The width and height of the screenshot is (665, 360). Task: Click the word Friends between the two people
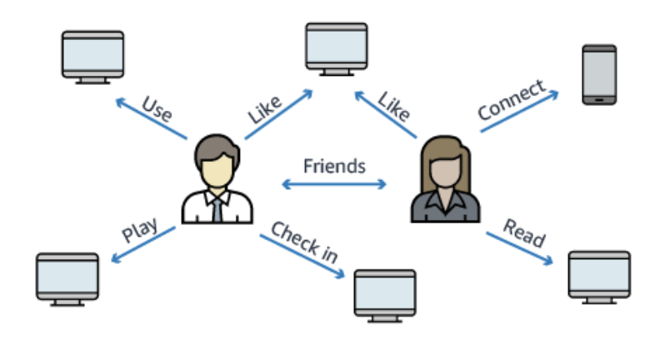[333, 165]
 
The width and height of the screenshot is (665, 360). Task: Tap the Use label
[157, 107]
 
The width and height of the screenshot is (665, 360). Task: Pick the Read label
[524, 232]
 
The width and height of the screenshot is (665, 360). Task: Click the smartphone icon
[598, 74]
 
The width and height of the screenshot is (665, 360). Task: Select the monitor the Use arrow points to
[92, 54]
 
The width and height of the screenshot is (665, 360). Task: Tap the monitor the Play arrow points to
[67, 277]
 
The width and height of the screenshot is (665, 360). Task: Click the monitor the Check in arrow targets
[384, 292]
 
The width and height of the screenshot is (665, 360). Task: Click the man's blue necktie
[217, 207]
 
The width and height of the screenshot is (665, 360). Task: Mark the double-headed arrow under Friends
[333, 183]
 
